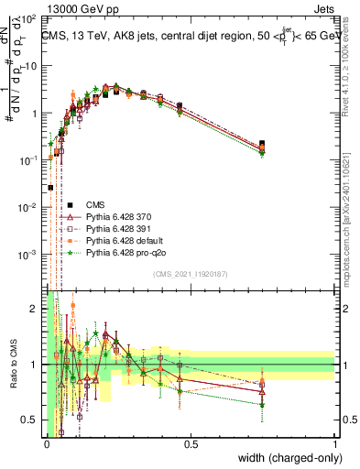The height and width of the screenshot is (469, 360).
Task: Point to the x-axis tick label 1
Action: (x=334, y=444)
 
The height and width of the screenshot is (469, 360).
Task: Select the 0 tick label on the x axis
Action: (x=46, y=444)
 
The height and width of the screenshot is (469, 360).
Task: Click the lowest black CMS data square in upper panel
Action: (x=50, y=187)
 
